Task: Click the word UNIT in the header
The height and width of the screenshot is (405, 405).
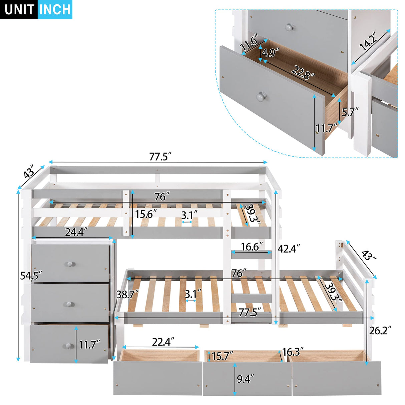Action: point(19,10)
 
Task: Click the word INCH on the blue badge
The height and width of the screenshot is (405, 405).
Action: point(55,10)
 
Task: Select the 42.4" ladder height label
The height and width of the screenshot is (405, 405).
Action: point(289,249)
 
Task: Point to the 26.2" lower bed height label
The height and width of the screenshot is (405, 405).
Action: point(380,330)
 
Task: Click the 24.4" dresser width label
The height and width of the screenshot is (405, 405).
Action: point(76,232)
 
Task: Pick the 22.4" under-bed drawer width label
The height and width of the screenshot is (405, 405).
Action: point(163,342)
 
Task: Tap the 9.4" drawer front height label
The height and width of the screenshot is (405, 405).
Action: point(245,379)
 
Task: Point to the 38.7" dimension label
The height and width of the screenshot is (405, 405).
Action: point(127,294)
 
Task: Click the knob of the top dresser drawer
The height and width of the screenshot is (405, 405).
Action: point(70,264)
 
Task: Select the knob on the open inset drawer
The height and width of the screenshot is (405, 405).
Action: point(261,97)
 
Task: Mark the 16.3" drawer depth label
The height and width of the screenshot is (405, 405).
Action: point(293,352)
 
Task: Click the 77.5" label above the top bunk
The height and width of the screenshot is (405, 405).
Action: point(160,156)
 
